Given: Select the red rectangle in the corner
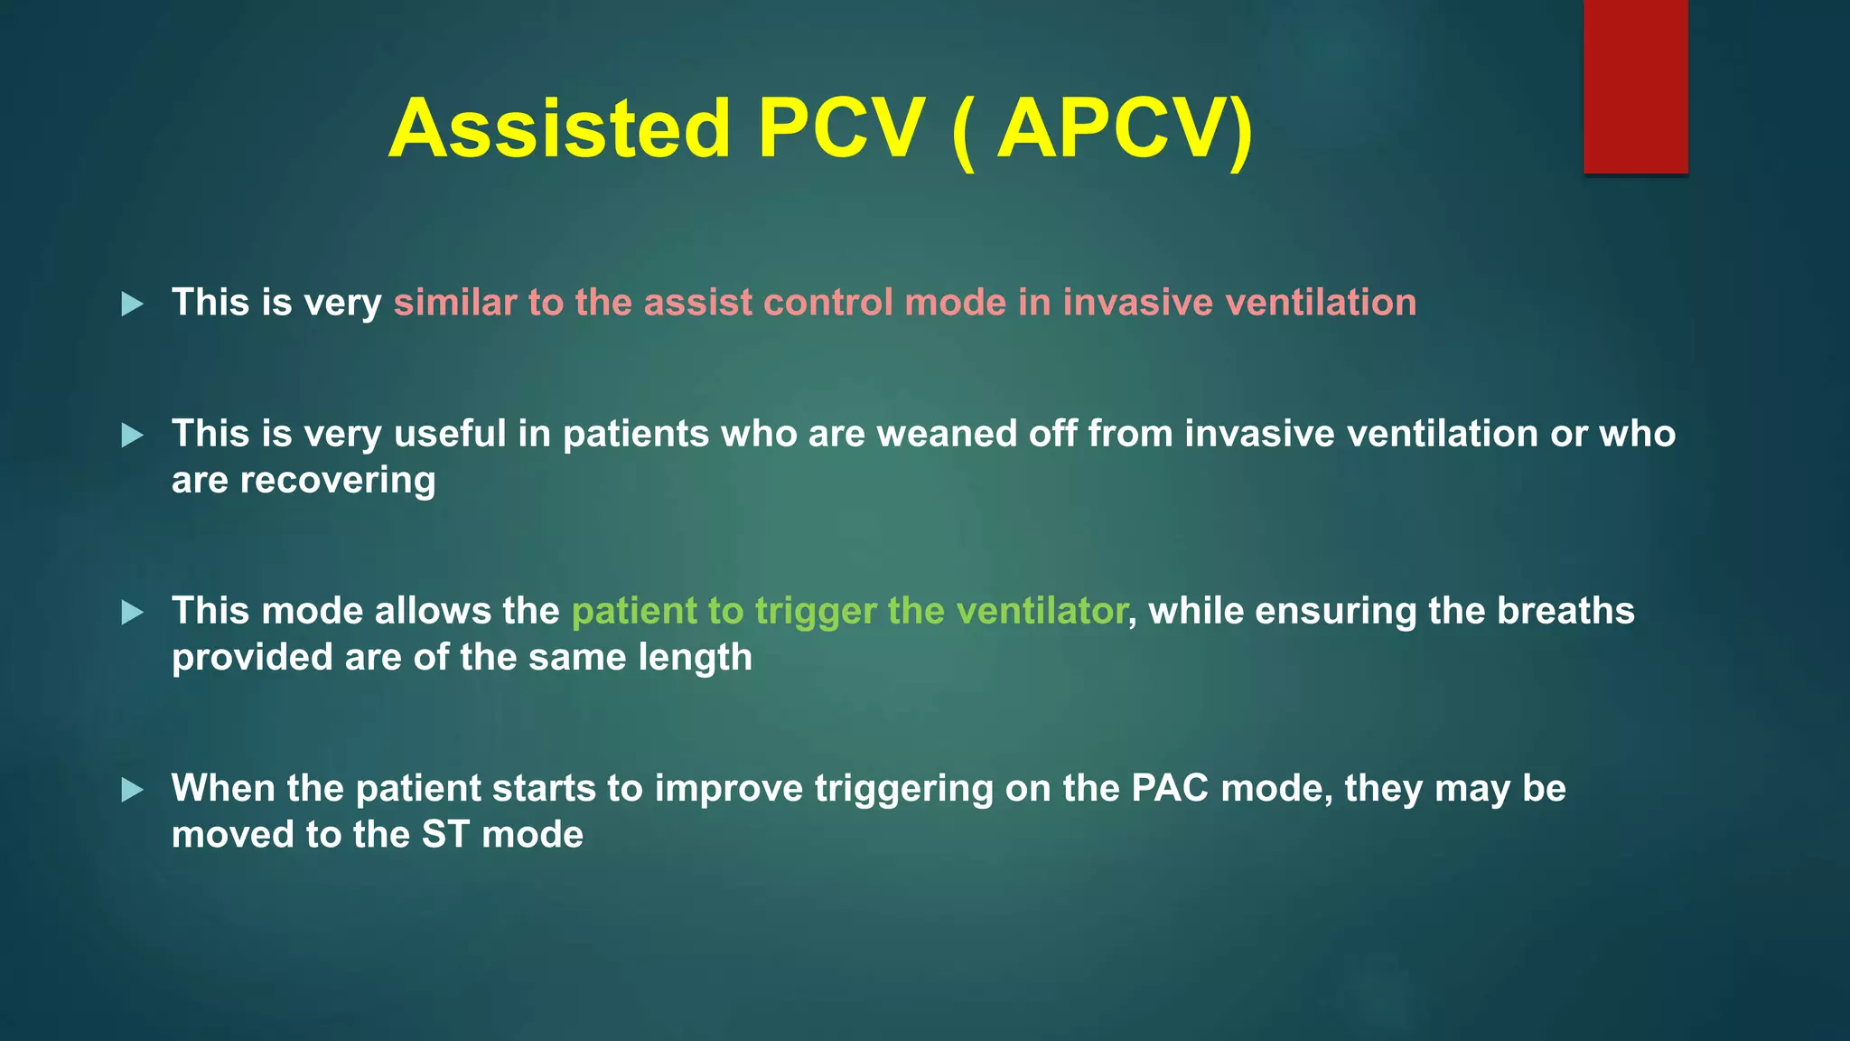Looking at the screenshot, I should click(1635, 87).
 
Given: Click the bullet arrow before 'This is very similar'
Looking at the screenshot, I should click(133, 304).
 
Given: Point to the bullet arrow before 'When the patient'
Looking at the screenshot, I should click(133, 791).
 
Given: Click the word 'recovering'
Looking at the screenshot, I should click(337, 480).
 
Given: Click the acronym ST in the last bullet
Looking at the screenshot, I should click(445, 834).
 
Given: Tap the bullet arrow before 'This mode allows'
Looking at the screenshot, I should click(133, 614).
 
